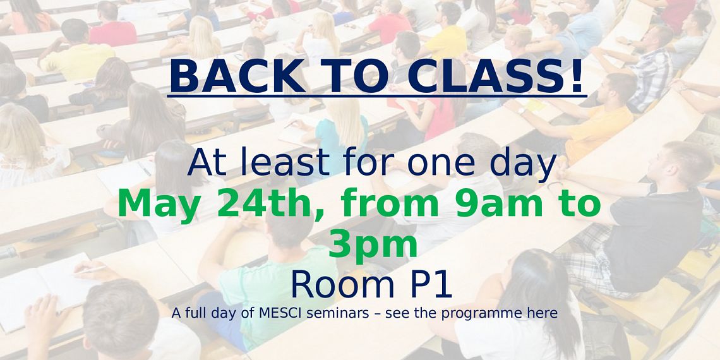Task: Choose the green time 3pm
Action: coord(373,246)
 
